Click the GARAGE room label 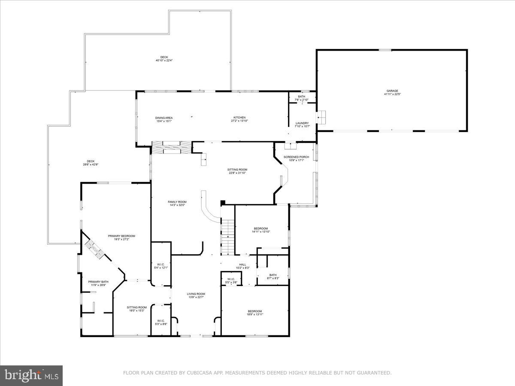point(392,91)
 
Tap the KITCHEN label point(239,118)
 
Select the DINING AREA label point(164,118)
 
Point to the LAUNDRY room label point(302,123)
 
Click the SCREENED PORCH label point(296,157)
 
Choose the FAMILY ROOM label point(177,202)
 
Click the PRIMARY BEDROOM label point(121,236)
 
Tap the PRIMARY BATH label point(98,282)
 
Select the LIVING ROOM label point(196,294)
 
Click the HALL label point(242,265)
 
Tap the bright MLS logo point(31,376)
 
